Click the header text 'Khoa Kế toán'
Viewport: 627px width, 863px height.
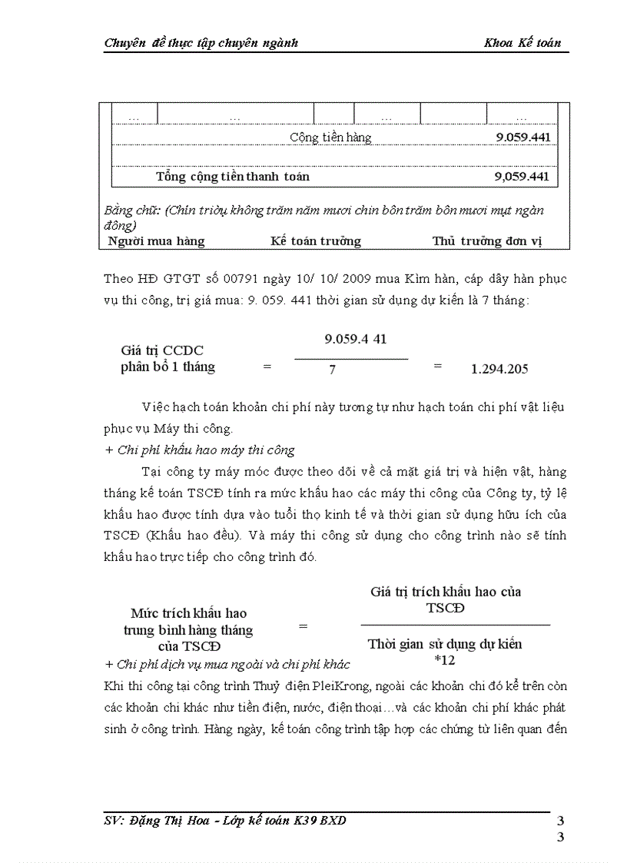pos(522,43)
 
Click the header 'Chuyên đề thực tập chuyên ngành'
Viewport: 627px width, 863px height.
pos(201,43)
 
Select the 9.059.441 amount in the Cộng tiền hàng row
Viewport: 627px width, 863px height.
pos(522,138)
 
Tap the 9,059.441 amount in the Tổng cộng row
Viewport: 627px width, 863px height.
pos(522,176)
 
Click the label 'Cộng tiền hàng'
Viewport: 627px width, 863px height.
pos(330,138)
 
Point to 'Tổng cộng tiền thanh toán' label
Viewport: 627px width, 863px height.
pos(233,176)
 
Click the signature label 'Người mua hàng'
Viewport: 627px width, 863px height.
pos(157,241)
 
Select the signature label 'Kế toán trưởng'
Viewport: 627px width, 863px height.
pos(315,241)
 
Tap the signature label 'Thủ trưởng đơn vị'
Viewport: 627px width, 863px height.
pos(487,241)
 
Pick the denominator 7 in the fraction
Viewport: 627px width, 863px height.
pos(332,370)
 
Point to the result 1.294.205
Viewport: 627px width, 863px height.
pos(499,369)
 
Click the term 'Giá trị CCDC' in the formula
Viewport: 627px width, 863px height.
pos(162,350)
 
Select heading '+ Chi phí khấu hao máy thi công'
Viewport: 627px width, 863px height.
pos(200,450)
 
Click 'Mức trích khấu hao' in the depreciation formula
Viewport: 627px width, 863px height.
pos(188,613)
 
